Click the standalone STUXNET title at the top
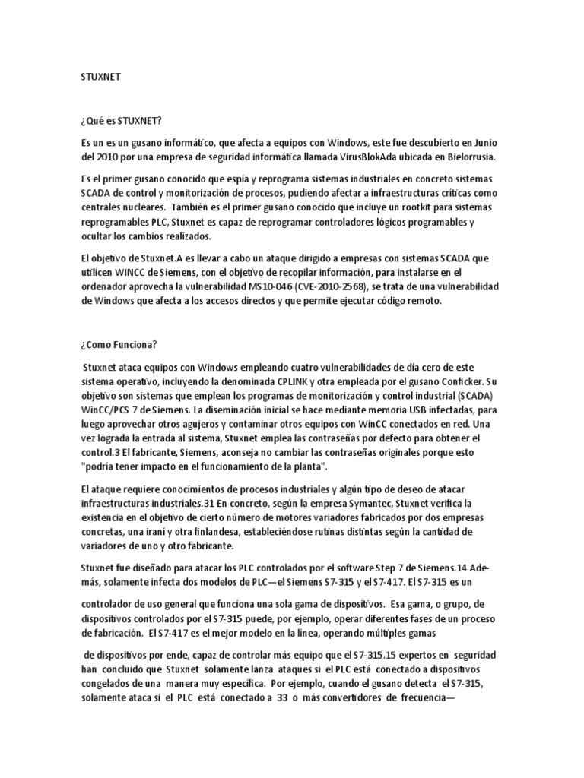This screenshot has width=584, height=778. click(100, 77)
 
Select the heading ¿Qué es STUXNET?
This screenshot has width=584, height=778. click(122, 120)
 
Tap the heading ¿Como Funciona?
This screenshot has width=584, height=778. click(119, 344)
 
